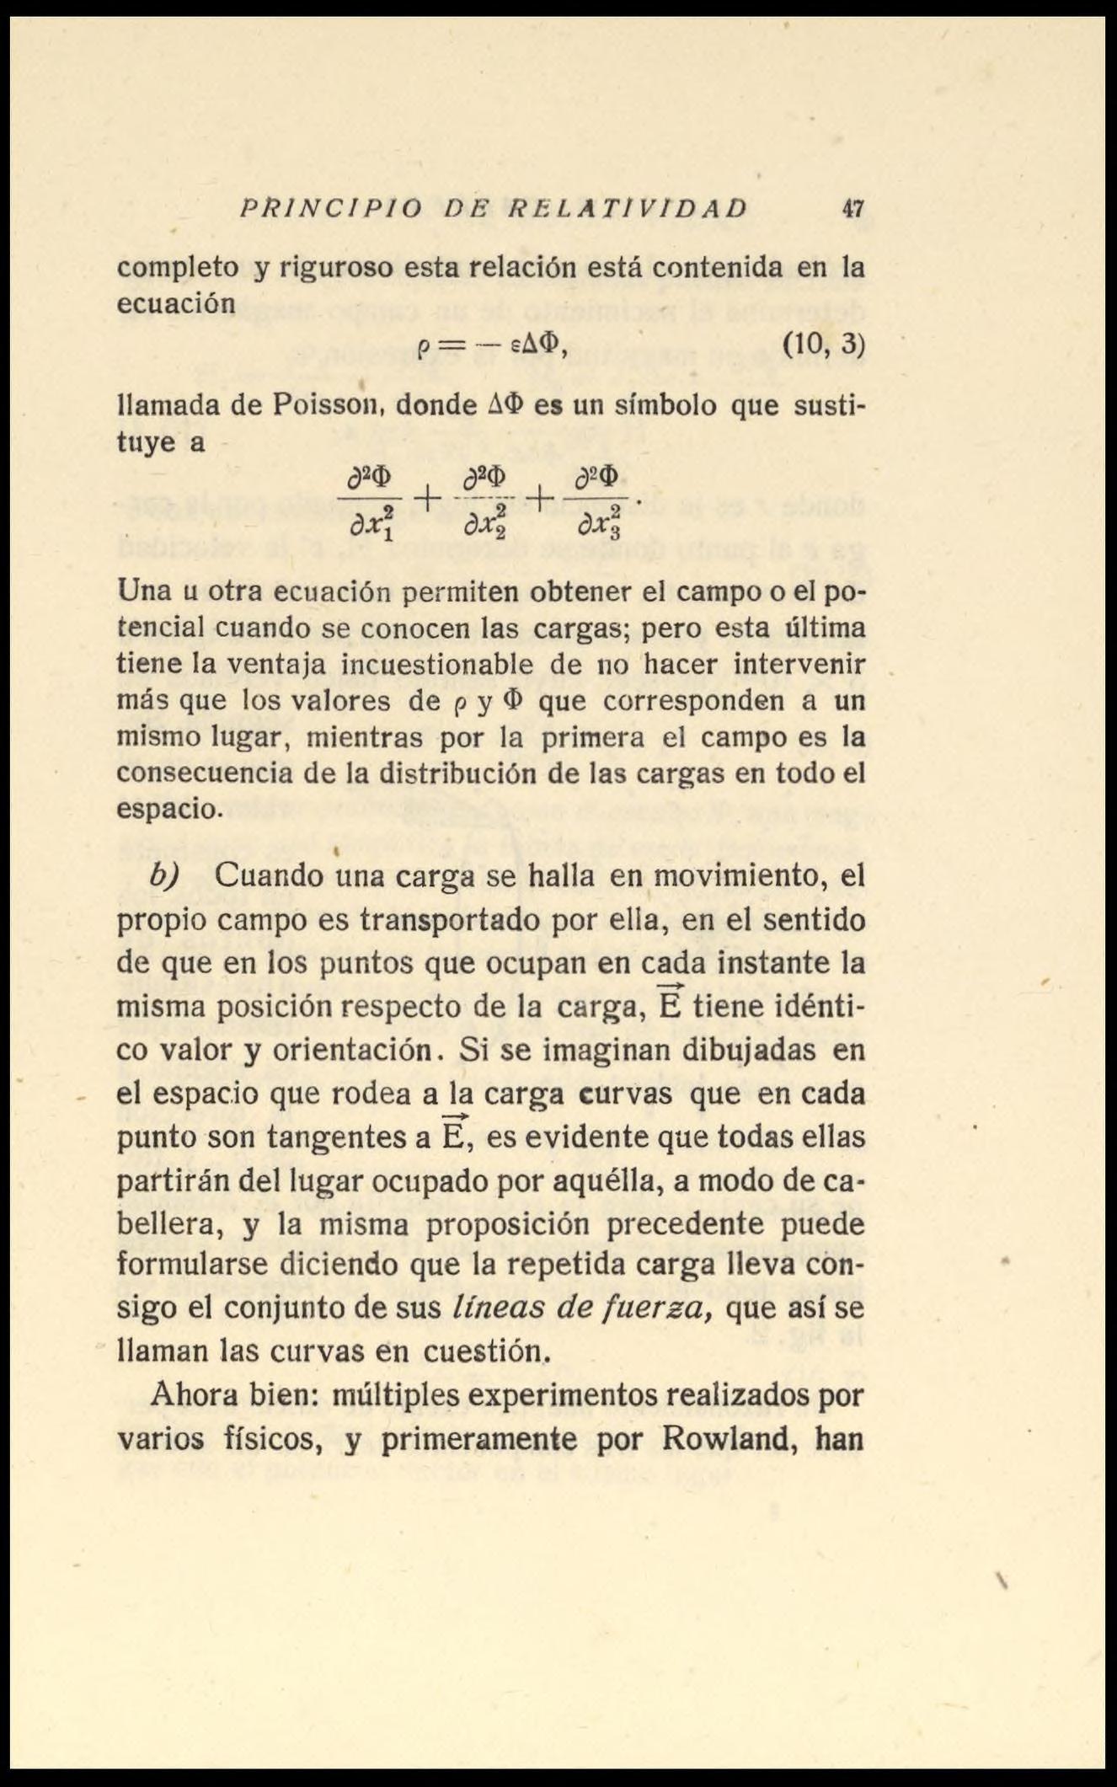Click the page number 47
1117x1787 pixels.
[853, 208]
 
